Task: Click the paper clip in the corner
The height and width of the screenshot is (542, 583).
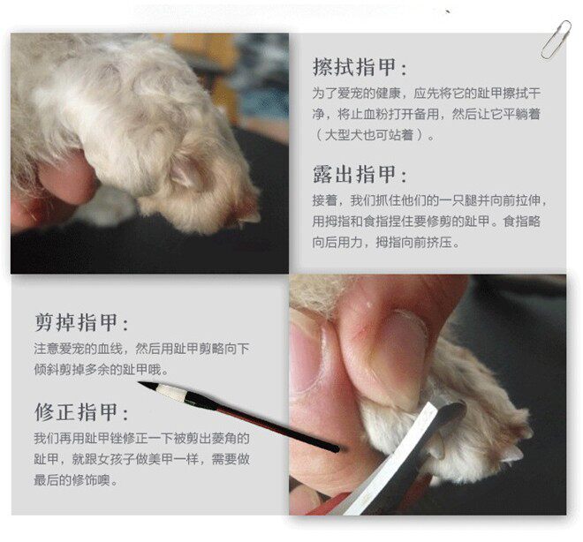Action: [556, 40]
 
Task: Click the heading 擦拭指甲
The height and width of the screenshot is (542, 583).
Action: [355, 67]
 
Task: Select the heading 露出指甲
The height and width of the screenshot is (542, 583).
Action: [355, 174]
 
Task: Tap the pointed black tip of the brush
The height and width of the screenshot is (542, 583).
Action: [140, 383]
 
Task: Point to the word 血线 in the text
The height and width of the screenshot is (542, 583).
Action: [110, 349]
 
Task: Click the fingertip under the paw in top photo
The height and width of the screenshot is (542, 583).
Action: [67, 175]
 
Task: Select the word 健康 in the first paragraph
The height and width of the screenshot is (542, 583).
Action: [389, 94]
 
